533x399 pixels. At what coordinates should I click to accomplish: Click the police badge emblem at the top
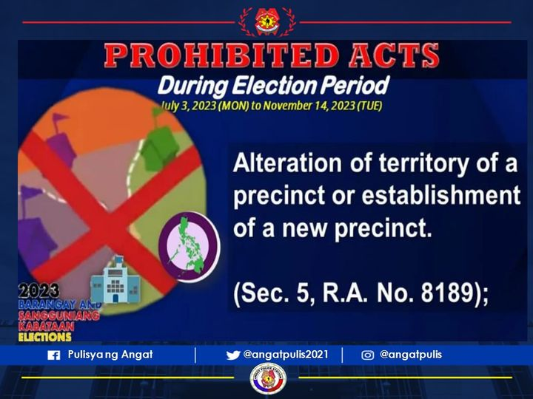266,21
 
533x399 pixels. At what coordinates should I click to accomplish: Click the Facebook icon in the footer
53,355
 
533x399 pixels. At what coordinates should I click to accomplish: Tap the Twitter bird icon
233,355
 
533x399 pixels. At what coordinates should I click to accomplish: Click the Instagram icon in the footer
367,355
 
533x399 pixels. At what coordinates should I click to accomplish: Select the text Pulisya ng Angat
110,355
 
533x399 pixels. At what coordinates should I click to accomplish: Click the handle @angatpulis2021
286,355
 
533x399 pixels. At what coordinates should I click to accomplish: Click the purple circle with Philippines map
189,245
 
